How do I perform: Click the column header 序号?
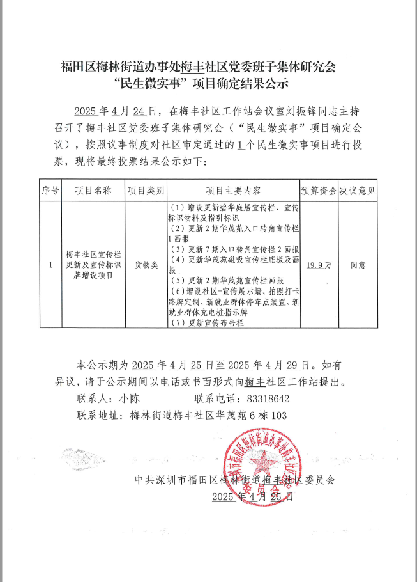pos(50,191)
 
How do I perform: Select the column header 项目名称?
pos(93,191)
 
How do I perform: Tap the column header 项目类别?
pos(146,191)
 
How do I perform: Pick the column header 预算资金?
pos(319,191)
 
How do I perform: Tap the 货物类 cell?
pos(146,264)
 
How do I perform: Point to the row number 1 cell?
pos(50,264)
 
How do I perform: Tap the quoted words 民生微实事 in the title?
pos(148,83)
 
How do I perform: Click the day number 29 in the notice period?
pos(292,366)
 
